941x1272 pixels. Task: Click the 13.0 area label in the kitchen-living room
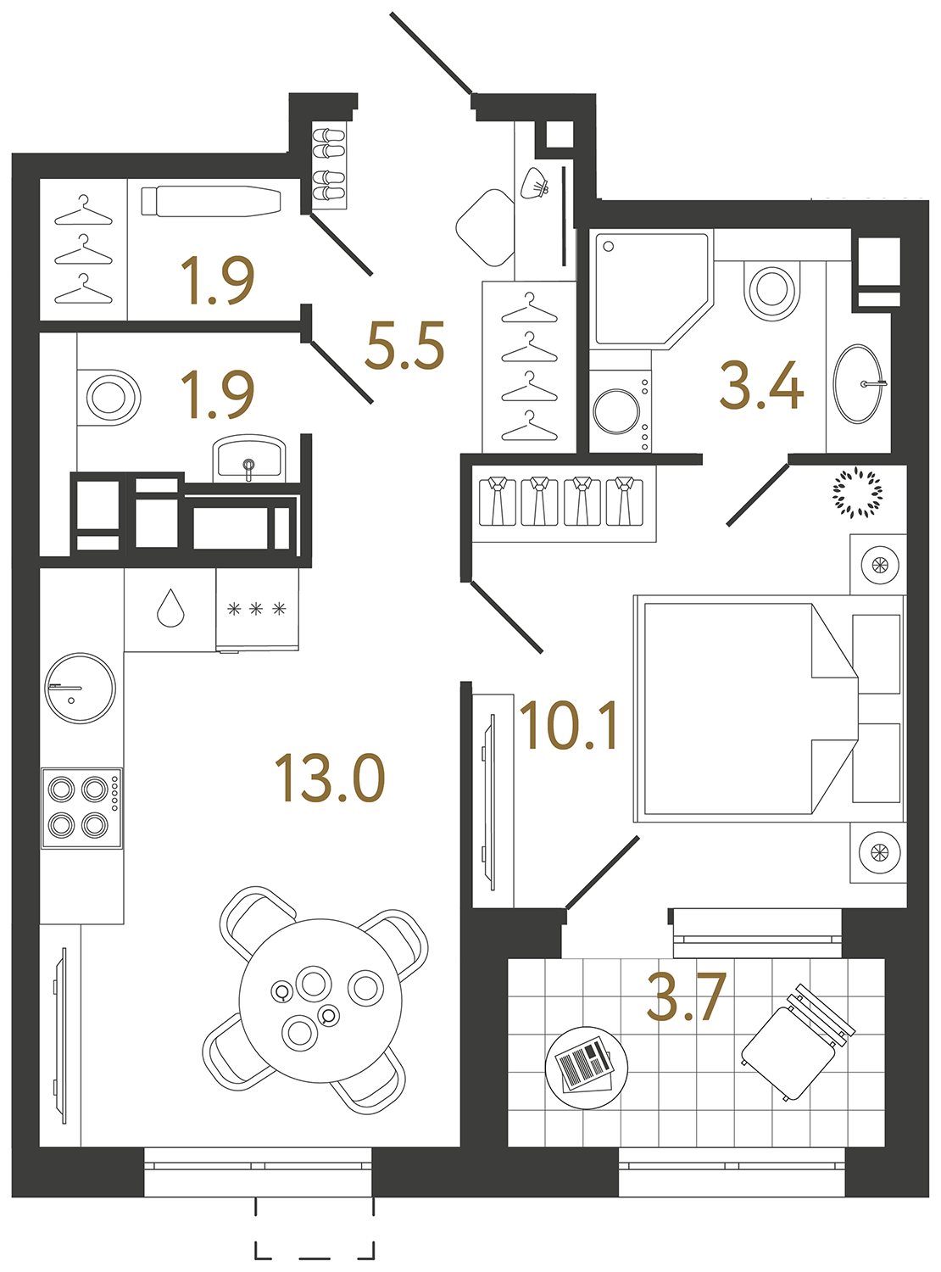click(x=330, y=778)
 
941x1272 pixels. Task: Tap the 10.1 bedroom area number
click(x=569, y=727)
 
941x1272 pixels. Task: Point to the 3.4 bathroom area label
click(x=760, y=386)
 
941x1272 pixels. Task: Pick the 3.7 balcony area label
click(x=686, y=997)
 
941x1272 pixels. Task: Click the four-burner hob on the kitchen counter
click(x=82, y=807)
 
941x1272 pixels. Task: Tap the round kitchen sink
click(x=80, y=688)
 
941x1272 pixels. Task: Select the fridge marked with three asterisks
click(x=256, y=610)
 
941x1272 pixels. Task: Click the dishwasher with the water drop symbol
click(x=170, y=609)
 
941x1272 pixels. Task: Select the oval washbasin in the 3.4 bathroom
click(x=859, y=383)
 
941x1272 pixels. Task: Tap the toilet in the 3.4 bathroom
click(x=771, y=289)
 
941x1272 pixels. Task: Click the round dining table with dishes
click(x=320, y=1001)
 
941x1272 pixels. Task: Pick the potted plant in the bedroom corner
click(x=857, y=492)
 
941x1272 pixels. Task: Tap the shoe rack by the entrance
click(x=329, y=167)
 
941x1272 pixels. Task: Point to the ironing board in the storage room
click(x=211, y=202)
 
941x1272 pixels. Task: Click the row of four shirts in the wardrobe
click(x=560, y=502)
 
